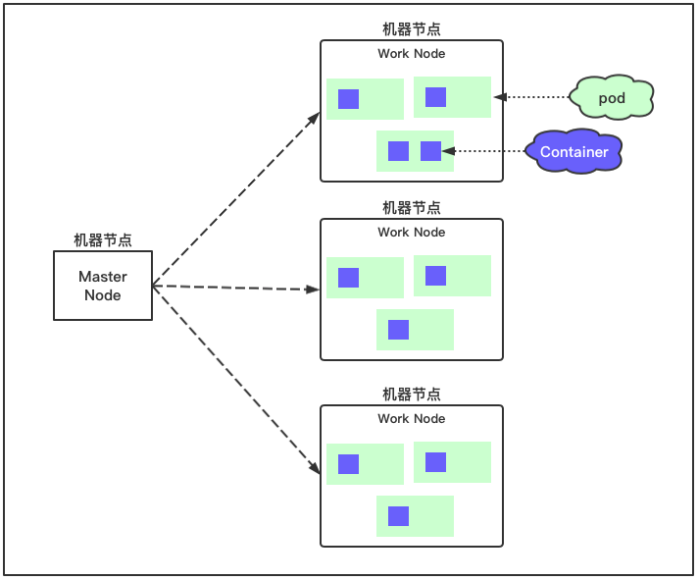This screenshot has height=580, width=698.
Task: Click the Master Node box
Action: pyautogui.click(x=103, y=286)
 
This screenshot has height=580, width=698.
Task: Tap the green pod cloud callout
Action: pyautogui.click(x=612, y=98)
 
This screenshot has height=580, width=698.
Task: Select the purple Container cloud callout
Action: pyautogui.click(x=573, y=152)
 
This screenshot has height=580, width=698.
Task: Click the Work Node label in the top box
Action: pyautogui.click(x=412, y=54)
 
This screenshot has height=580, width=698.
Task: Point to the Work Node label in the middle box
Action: pyautogui.click(x=412, y=233)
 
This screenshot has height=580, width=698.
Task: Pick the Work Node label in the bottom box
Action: pyautogui.click(x=412, y=419)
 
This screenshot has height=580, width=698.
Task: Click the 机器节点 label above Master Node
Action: pyautogui.click(x=103, y=239)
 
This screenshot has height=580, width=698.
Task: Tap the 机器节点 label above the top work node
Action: pyautogui.click(x=412, y=29)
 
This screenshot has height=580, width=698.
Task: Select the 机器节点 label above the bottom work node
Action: pyautogui.click(x=412, y=395)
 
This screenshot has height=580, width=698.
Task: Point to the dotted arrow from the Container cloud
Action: pyautogui.click(x=484, y=151)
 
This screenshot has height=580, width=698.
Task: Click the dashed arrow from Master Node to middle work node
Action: pyautogui.click(x=235, y=288)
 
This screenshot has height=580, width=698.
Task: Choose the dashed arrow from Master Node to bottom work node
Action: pyautogui.click(x=236, y=379)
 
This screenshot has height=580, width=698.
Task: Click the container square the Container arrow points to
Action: pyautogui.click(x=430, y=151)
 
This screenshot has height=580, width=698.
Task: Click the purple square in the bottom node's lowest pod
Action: pyautogui.click(x=398, y=516)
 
